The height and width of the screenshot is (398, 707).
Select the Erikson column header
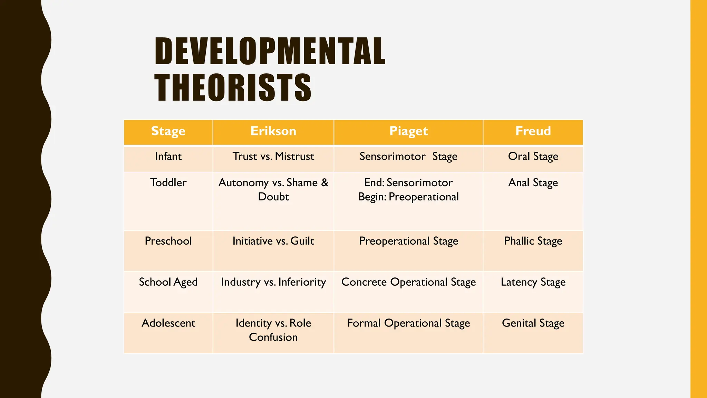pos(273,131)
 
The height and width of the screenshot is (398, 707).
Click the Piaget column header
pos(408,131)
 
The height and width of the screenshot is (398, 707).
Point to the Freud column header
pos(533,131)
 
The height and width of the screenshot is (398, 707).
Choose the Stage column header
pos(168,131)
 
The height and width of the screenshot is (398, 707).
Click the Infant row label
pos(168,157)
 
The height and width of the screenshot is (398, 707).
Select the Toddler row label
pos(168,183)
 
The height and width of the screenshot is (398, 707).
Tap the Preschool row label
pos(168,241)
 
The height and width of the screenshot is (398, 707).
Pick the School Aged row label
pos(168,282)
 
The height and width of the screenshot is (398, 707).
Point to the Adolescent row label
pos(168,323)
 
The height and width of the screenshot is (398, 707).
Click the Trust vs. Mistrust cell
pos(273,157)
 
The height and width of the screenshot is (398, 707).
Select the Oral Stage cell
pos(533,157)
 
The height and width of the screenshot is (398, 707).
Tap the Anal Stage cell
pos(533,183)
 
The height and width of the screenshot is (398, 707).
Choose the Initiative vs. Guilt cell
pos(273,241)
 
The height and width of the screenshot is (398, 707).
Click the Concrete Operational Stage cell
pos(408,282)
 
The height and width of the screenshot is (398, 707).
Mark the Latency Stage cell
pos(533,282)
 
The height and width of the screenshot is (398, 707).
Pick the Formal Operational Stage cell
pos(408,323)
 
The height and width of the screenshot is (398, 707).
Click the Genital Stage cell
pos(533,323)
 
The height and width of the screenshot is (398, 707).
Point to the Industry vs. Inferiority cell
pos(273,282)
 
